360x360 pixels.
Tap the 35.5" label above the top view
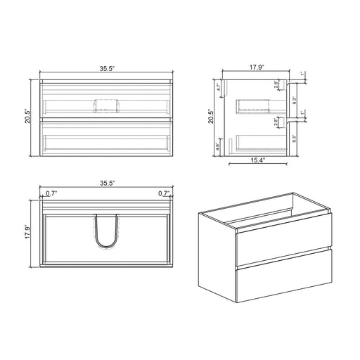(107, 183)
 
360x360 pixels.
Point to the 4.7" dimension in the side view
(218, 89)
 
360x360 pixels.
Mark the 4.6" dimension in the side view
(218, 148)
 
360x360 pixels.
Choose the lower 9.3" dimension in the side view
(304, 139)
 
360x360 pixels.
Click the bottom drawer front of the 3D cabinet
(283, 278)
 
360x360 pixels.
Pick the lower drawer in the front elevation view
(107, 137)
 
